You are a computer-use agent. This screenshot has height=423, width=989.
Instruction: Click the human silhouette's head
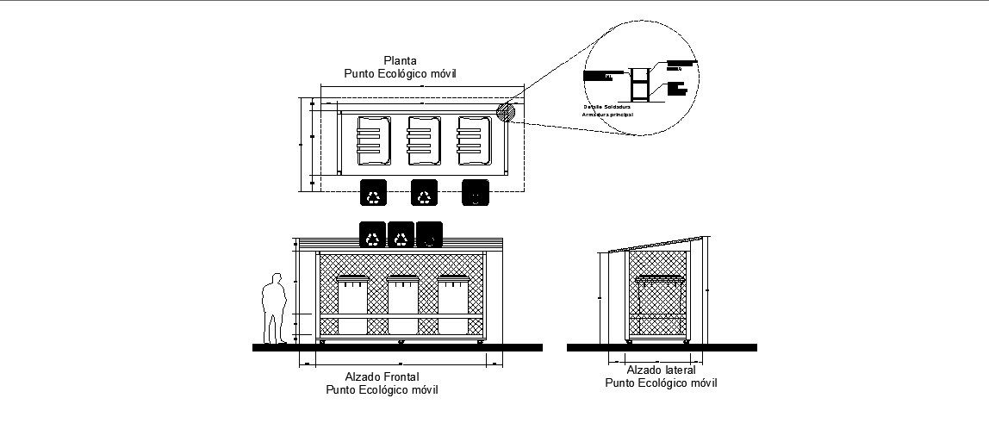[x=276, y=279]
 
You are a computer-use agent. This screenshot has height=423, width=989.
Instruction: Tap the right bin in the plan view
[x=475, y=139]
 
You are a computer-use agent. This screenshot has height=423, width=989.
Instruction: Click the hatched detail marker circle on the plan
[x=505, y=112]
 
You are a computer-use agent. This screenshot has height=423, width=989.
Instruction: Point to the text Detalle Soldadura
[x=607, y=106]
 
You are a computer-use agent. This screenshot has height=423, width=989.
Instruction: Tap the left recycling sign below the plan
[x=374, y=194]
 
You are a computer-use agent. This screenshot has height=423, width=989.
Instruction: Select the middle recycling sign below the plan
[x=425, y=194]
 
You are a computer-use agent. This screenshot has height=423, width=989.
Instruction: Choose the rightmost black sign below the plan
[x=476, y=194]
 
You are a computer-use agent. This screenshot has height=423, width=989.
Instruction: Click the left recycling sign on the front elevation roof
[x=373, y=235]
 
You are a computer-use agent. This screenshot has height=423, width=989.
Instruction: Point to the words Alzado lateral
[x=661, y=370]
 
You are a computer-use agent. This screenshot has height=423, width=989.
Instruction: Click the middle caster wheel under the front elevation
[x=401, y=342]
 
